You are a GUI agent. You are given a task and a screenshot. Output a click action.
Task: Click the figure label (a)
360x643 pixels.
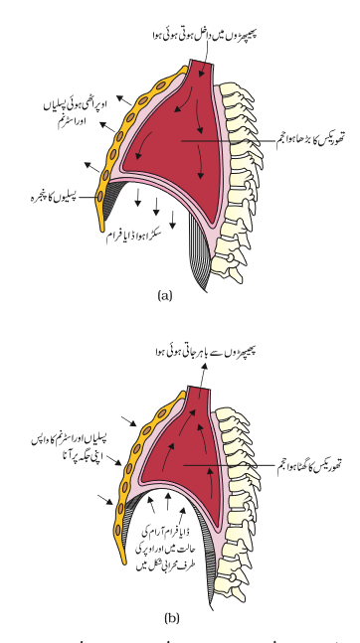(x=165, y=296)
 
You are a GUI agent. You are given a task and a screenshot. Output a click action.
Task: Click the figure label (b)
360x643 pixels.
(x=172, y=618)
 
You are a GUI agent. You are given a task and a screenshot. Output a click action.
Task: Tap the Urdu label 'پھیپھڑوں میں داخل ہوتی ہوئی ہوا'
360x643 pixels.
(x=204, y=35)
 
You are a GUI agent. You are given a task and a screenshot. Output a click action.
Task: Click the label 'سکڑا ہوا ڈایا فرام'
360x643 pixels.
(x=134, y=236)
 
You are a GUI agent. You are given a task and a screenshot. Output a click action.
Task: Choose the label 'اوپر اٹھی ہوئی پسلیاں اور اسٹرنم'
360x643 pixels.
(x=75, y=112)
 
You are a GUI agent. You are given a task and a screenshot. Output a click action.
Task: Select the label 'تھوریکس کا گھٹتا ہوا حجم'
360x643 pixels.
(x=309, y=465)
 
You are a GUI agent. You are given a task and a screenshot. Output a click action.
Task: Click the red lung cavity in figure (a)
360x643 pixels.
(x=176, y=135)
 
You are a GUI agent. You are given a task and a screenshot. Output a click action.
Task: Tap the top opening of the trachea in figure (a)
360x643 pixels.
(x=202, y=62)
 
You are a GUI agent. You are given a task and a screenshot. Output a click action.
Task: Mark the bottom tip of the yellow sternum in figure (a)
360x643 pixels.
(x=101, y=230)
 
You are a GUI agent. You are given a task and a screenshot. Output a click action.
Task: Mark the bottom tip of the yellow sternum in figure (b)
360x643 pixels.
(x=123, y=563)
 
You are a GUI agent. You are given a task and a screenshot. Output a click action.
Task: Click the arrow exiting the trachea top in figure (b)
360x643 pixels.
(x=203, y=380)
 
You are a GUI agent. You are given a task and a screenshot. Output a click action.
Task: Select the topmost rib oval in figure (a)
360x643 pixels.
(x=161, y=85)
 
